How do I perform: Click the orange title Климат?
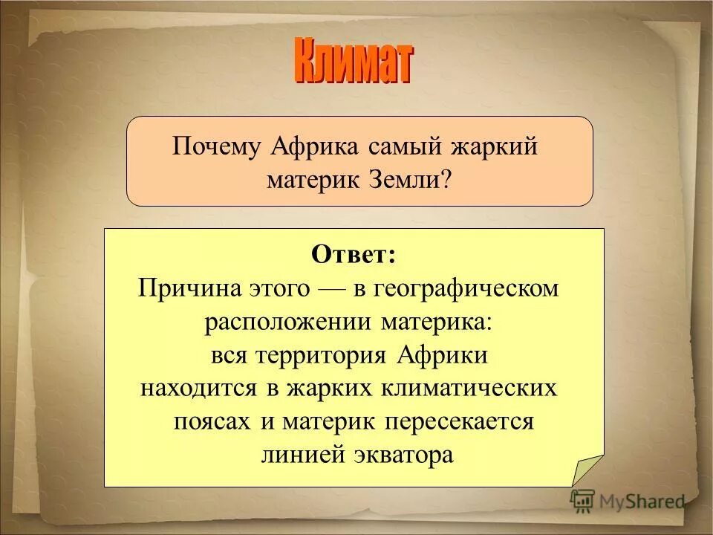[354, 62]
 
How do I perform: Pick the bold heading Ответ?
[354, 255]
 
